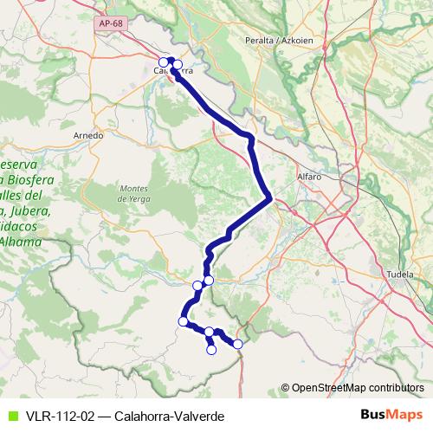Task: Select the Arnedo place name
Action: [x=88, y=135]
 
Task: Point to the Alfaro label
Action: [x=309, y=176]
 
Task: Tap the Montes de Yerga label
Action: [x=136, y=194]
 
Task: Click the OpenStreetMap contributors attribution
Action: [x=357, y=387]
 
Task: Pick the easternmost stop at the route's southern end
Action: [x=238, y=345]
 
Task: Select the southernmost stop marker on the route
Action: [x=210, y=350]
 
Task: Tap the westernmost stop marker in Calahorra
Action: [x=163, y=61]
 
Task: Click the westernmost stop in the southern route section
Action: [x=183, y=321]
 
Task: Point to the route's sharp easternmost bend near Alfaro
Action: [x=272, y=198]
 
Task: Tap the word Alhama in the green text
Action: [x=23, y=241]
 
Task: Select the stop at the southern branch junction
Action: [x=210, y=332]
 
